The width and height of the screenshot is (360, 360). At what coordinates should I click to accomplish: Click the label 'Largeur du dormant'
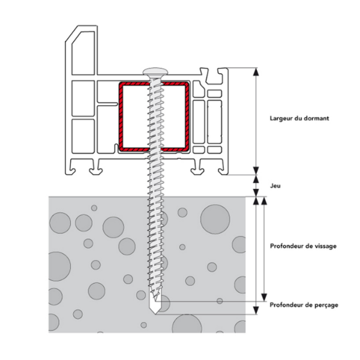point(299,118)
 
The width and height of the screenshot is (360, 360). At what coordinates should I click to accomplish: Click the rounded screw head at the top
point(154,72)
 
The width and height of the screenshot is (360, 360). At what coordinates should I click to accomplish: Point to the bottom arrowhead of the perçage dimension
point(256,310)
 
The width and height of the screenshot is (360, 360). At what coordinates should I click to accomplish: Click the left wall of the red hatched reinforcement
point(120,117)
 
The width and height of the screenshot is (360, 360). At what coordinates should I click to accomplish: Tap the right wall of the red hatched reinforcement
point(188,117)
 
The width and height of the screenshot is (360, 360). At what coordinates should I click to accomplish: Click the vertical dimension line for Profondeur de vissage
point(262,249)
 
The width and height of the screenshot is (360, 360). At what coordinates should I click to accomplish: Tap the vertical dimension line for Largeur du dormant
point(256,123)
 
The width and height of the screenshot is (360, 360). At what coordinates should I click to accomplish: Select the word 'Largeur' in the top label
point(281,118)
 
